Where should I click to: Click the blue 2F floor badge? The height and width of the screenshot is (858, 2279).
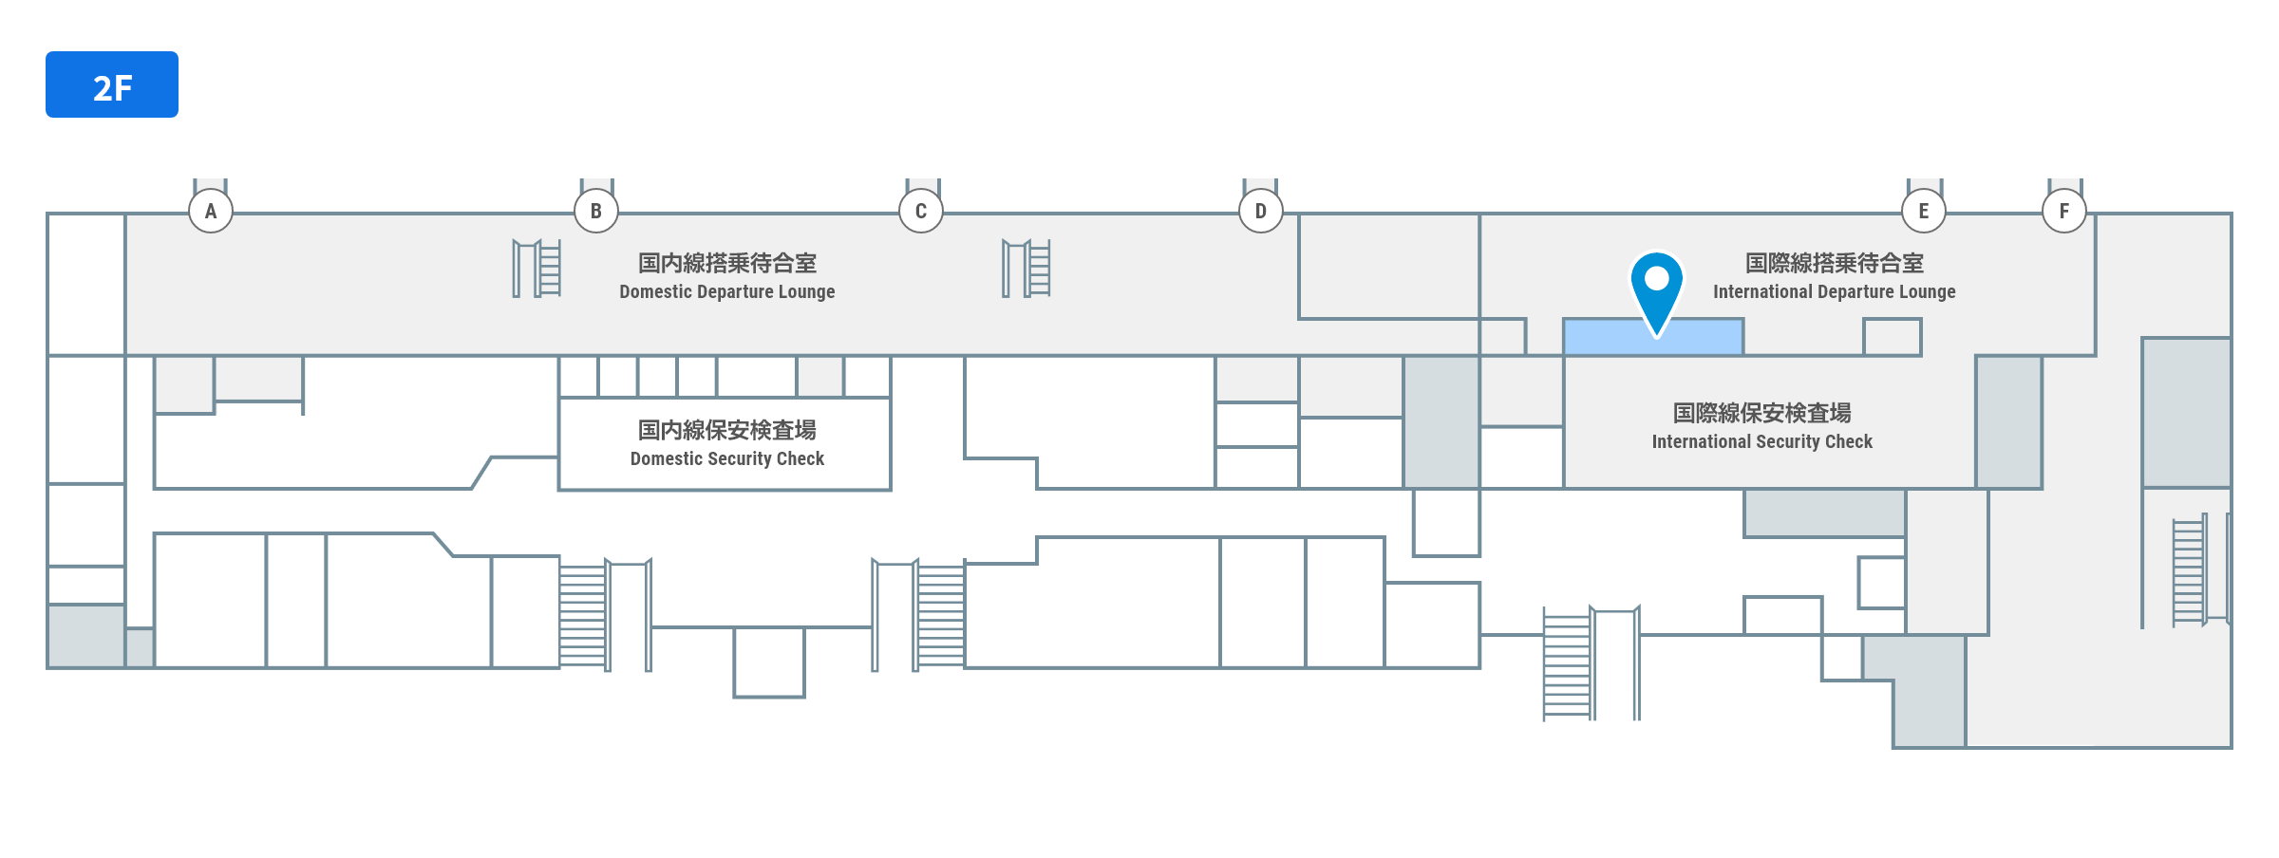112,84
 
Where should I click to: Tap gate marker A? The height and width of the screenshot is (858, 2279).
211,211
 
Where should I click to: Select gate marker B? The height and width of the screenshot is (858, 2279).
596,211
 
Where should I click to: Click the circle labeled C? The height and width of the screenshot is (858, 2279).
921,211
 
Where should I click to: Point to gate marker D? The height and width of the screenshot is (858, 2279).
1261,211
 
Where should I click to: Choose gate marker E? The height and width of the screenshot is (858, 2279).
1924,211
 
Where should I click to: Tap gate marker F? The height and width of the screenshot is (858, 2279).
2064,211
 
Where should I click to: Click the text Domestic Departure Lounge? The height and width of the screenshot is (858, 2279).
727,292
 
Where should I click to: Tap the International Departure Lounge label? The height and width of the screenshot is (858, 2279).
1834,292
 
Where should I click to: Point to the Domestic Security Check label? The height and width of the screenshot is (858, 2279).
727,459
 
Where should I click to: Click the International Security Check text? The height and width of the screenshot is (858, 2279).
1761,442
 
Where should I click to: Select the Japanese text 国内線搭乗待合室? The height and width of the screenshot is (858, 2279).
727,263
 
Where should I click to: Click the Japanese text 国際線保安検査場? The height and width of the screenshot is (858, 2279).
1761,413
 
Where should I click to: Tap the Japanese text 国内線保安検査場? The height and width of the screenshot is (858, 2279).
727,430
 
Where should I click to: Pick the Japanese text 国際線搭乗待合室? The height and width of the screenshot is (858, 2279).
1834,263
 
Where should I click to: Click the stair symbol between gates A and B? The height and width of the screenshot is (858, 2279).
537,269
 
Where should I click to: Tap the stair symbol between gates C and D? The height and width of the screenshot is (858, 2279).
1026,269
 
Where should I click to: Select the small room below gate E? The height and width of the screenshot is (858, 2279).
1892,337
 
